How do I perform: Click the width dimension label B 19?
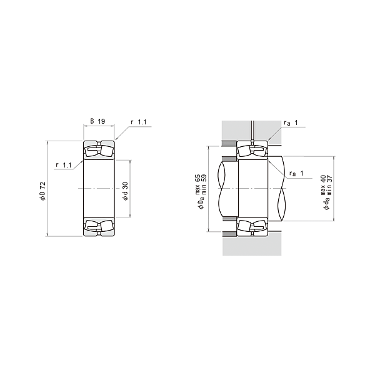click(97, 121)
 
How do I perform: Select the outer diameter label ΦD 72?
click(42, 191)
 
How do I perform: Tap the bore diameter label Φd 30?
click(125, 191)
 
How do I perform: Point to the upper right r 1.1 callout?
click(139, 122)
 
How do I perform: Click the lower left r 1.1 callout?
click(64, 165)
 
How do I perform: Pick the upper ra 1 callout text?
click(291, 122)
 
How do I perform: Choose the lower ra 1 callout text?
click(296, 173)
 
